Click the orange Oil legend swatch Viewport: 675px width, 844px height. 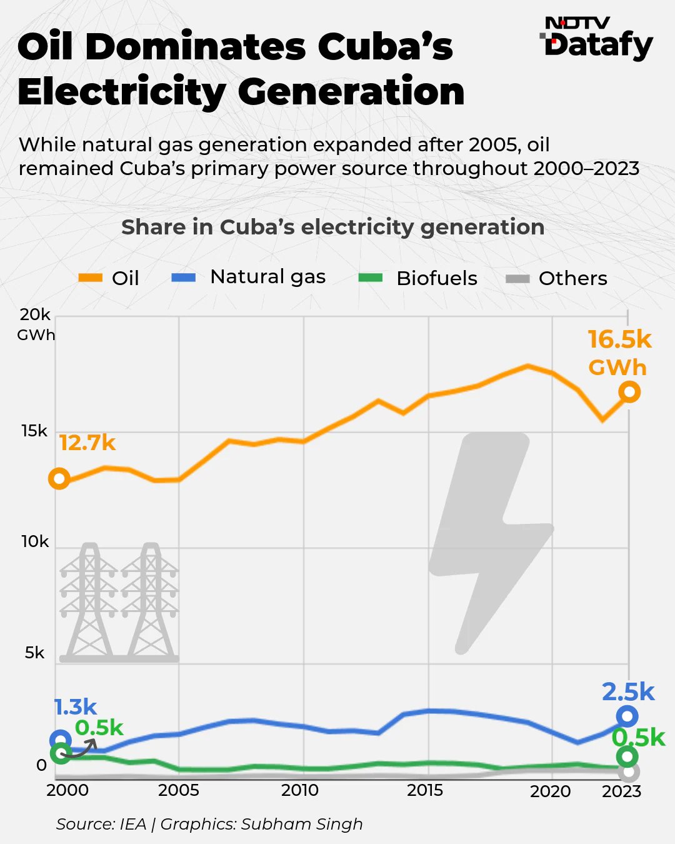90,278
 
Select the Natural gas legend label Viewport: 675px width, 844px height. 267,276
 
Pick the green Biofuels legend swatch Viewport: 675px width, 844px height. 370,278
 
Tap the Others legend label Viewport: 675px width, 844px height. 572,278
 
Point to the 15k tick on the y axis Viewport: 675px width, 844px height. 34,431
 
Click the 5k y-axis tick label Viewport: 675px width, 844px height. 35,653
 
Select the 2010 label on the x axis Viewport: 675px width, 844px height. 300,790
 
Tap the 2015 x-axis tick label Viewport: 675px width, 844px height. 425,790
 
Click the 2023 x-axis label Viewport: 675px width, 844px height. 621,791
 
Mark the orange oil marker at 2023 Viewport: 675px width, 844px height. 629,392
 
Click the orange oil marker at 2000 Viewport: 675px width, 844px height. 59,479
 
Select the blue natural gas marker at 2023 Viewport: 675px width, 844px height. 627,716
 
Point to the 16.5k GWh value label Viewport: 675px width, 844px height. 619,353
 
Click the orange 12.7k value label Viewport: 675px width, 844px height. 87,443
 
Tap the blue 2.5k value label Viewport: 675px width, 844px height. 627,692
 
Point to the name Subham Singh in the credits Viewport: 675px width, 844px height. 302,824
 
